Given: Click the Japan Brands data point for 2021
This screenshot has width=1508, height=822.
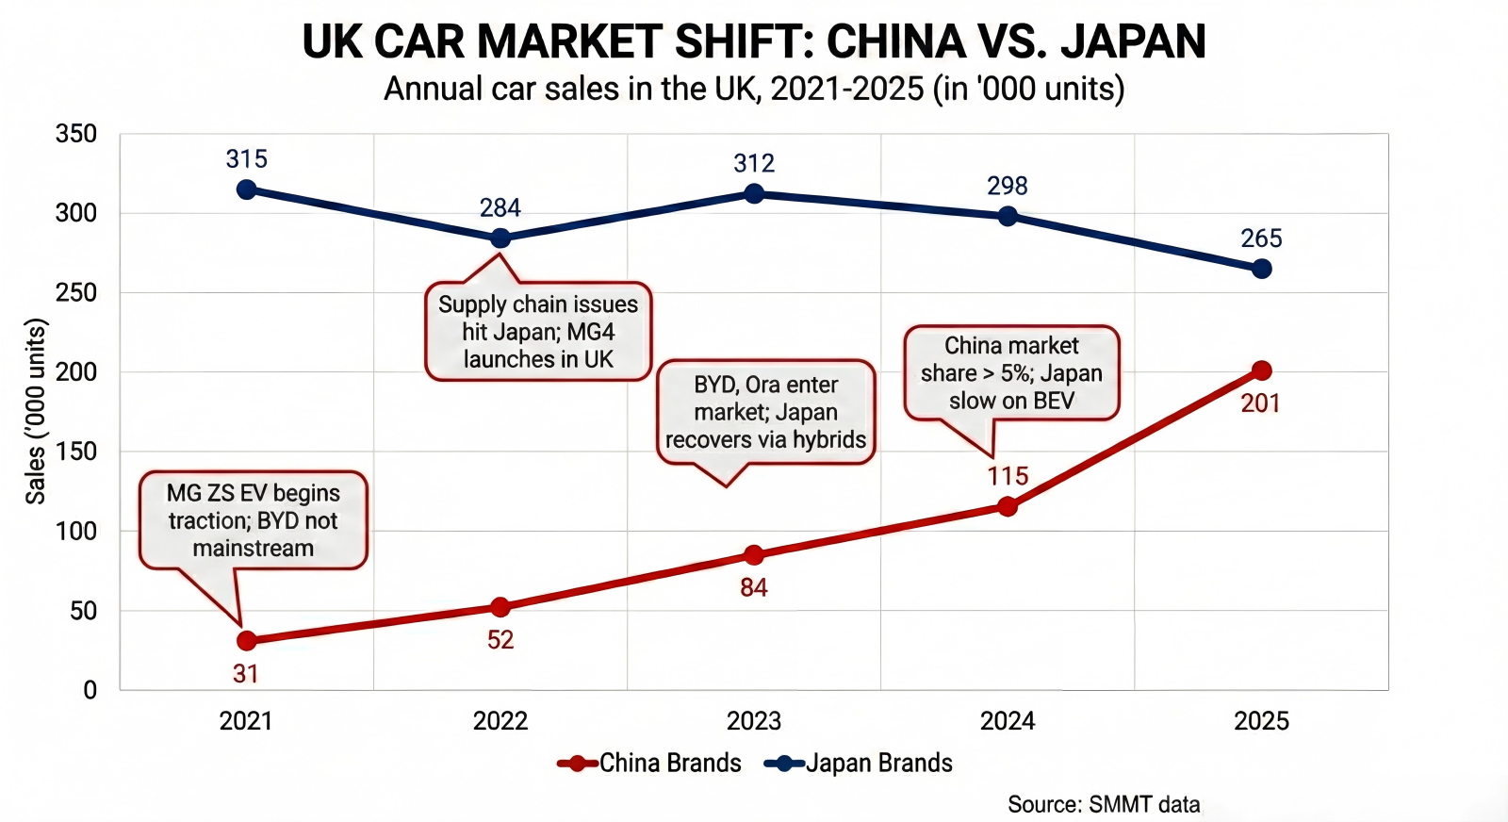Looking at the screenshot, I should (x=247, y=189).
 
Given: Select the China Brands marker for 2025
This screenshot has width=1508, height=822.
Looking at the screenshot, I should (x=1261, y=370).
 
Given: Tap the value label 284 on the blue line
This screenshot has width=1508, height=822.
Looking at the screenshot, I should (x=500, y=208).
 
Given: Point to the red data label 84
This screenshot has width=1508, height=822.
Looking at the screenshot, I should (x=753, y=588).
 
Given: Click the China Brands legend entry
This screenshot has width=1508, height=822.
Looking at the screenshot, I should (x=650, y=763).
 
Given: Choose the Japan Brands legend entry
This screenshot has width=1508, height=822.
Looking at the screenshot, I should (x=860, y=763).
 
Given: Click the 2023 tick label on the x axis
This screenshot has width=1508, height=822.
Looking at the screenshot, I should (x=753, y=721).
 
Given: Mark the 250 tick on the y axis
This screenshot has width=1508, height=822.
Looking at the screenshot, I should (x=76, y=292).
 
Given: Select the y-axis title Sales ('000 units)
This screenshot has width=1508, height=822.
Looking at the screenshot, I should (x=36, y=411).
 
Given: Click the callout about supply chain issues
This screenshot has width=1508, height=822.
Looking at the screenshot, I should (x=538, y=332).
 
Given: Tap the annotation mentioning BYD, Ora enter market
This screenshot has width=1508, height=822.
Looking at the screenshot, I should (x=765, y=412).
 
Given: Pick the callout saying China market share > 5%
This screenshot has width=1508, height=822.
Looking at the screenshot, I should (x=1011, y=373).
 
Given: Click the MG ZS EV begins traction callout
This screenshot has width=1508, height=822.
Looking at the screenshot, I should (x=253, y=520).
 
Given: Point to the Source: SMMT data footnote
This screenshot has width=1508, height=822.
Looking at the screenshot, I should (x=1104, y=804).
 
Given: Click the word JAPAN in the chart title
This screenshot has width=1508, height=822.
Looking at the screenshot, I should (x=1132, y=41).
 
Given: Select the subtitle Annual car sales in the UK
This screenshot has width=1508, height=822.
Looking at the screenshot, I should (x=754, y=89).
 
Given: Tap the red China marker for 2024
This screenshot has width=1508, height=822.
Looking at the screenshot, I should (x=1008, y=506).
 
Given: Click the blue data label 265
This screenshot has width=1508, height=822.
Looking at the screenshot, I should (x=1261, y=238).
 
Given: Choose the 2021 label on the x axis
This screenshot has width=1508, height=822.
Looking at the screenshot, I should (x=246, y=721).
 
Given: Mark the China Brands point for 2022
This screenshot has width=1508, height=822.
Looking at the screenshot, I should (x=500, y=607).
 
